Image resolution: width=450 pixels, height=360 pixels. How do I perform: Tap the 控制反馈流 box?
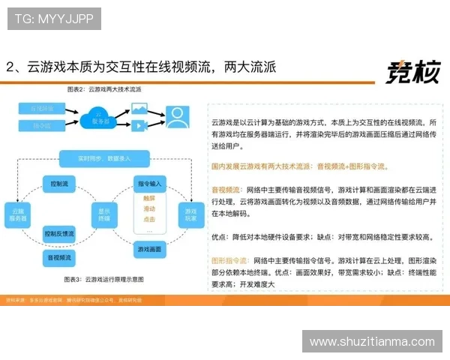point(59,233)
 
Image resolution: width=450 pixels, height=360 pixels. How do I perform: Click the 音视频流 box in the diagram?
point(59,257)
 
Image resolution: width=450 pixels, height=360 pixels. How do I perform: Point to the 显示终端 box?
point(103,214)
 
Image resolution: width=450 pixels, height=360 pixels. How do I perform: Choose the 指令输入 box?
point(150,183)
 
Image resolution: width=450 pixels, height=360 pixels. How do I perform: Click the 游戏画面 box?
point(150,248)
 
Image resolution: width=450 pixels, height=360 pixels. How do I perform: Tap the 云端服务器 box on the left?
point(19,214)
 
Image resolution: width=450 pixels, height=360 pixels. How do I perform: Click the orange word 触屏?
point(149,199)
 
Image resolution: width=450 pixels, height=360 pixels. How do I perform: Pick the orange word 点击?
point(149,219)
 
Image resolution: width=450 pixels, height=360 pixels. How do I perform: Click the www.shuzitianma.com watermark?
point(371,341)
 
